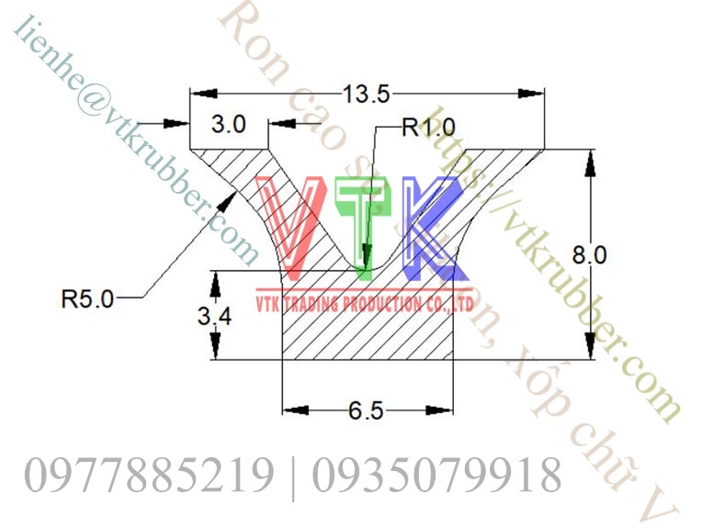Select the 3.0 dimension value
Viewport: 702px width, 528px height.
pos(228,126)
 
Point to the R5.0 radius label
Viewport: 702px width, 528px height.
pos(87,298)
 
